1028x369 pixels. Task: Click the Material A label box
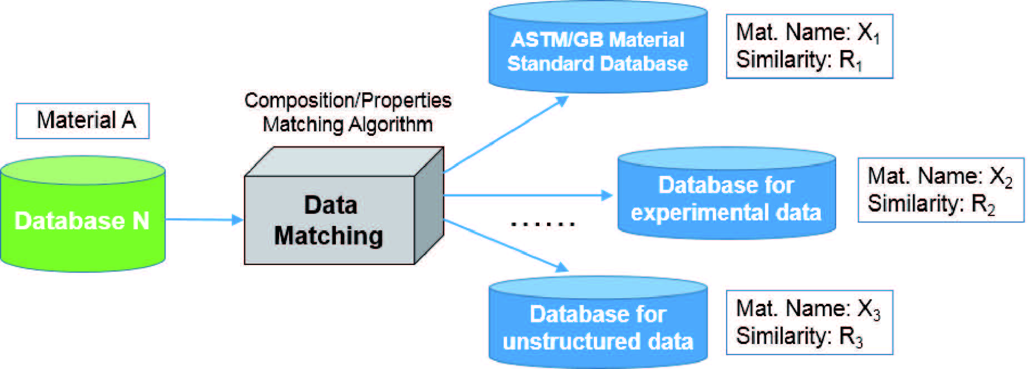tap(83, 120)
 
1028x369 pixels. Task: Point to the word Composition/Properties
tap(347, 100)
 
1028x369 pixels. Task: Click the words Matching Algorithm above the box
tap(347, 124)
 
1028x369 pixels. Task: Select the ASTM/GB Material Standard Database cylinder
tap(598, 50)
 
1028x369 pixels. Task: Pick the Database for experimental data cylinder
tap(726, 198)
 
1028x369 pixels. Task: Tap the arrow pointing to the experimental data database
tap(528, 195)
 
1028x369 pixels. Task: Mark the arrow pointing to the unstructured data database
tap(506, 245)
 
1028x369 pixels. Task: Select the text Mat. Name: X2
tap(940, 176)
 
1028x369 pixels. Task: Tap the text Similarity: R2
tap(931, 204)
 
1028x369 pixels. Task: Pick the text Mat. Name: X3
tap(808, 309)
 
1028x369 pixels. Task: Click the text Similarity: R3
tap(799, 336)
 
